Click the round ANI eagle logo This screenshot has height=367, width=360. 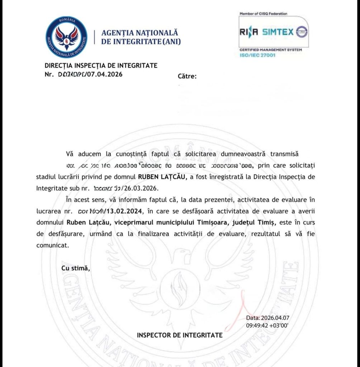(x=66, y=38)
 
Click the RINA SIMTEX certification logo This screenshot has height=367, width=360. (x=274, y=33)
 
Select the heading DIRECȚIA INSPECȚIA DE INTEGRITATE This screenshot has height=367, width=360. (x=101, y=66)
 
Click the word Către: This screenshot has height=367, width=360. (x=187, y=76)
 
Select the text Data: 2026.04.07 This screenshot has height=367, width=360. (x=267, y=318)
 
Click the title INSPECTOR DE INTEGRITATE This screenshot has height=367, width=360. (x=180, y=335)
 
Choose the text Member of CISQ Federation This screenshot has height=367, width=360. (x=264, y=14)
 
